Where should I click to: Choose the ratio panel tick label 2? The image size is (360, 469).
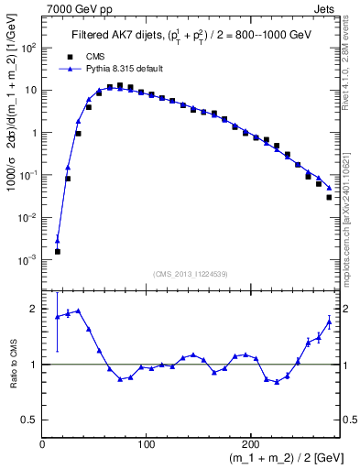click(x=33, y=310)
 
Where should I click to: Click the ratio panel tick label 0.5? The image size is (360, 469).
click(x=29, y=419)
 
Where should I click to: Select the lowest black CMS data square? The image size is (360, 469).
click(x=57, y=251)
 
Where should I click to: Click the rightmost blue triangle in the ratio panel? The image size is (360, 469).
click(x=329, y=322)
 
